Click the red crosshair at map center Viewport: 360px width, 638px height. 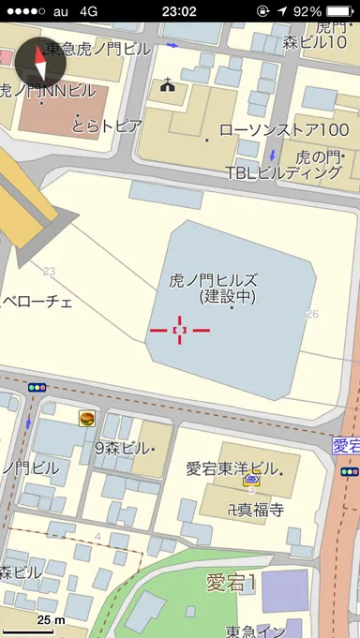tap(180, 330)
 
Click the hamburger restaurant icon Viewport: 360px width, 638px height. tap(87, 419)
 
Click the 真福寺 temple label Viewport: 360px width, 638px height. tap(247, 510)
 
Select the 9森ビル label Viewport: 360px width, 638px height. tap(124, 447)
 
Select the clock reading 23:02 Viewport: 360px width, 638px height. tap(178, 11)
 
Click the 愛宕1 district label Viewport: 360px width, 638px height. tap(232, 582)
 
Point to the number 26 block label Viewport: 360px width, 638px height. tap(312, 314)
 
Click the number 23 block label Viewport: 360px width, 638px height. tap(49, 272)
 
